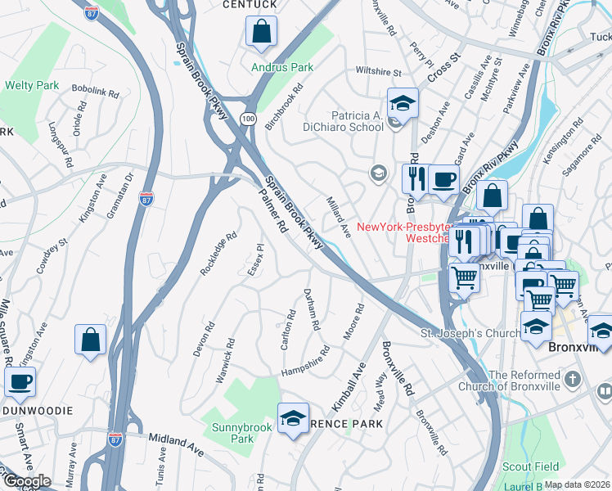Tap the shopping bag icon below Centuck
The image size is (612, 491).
point(261,33)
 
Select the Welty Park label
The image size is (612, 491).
point(32,85)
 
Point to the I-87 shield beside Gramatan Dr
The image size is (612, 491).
point(146,199)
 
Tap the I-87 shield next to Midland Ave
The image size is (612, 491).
point(115,439)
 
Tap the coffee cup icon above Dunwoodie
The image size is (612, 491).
point(20,381)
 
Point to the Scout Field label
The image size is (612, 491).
point(551,466)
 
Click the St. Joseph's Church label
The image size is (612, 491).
point(470,333)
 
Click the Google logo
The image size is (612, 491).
point(26,482)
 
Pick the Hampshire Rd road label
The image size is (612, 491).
point(305,362)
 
